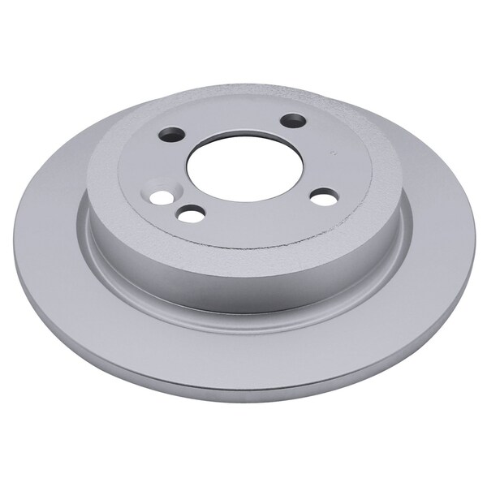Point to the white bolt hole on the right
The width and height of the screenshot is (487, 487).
324,196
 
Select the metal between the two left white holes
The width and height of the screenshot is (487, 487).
175,206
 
